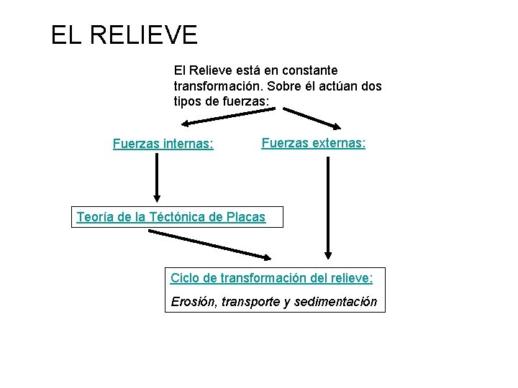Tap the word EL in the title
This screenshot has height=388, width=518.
[x=68, y=34]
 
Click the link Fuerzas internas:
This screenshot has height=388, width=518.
[x=163, y=144]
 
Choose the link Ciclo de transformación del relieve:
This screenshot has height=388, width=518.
[x=271, y=277]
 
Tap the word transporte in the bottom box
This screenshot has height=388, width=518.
[x=251, y=302]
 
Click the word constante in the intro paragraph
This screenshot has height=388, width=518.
[x=306, y=71]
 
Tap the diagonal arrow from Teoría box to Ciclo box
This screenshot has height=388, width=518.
[x=210, y=244]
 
